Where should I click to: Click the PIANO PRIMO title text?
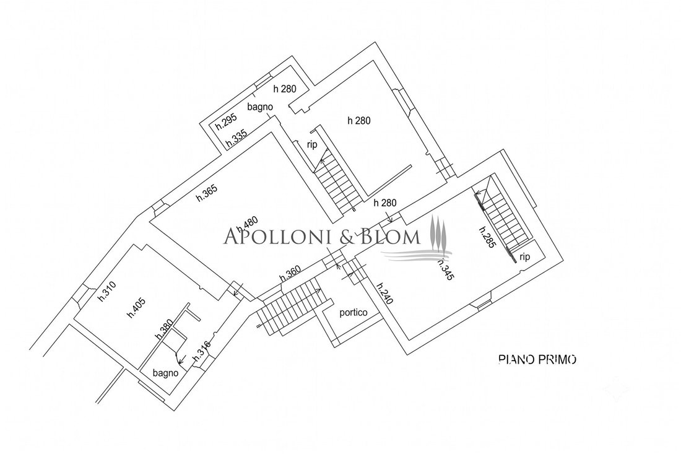(x=537, y=359)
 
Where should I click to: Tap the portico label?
(x=353, y=312)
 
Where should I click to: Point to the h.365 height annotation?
(x=207, y=193)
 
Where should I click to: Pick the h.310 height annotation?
(x=106, y=292)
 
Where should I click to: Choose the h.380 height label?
(x=164, y=330)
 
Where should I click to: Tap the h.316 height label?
(x=202, y=351)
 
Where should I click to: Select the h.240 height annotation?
(x=385, y=294)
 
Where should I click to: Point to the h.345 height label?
(x=445, y=269)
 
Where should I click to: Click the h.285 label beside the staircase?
(x=487, y=237)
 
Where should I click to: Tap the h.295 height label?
(x=226, y=122)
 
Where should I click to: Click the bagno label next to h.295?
(x=260, y=107)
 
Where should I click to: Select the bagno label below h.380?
(x=165, y=373)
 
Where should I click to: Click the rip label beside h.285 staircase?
(x=524, y=257)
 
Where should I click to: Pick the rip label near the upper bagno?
(x=312, y=145)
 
